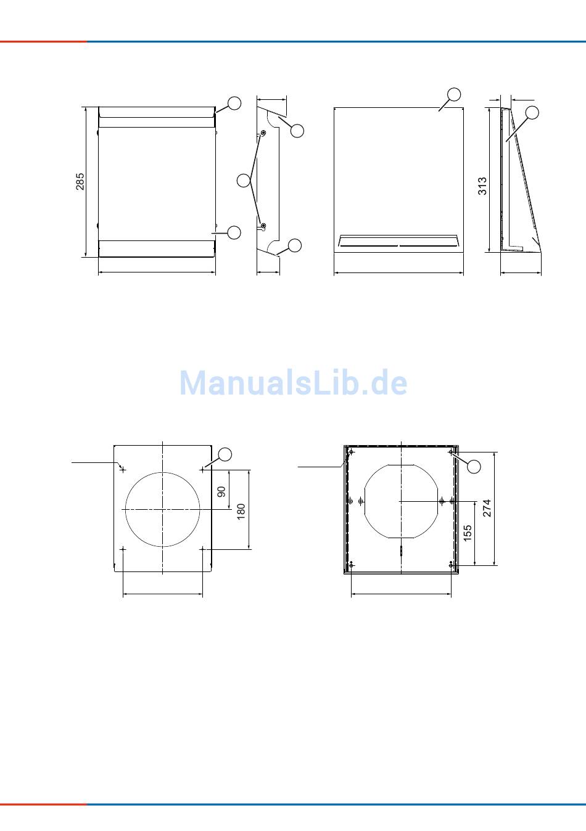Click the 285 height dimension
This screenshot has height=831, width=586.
[80, 181]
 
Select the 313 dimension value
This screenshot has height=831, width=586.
[482, 186]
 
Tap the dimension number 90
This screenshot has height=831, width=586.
[221, 492]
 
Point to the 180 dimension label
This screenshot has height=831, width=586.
[241, 512]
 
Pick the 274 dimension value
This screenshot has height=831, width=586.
[487, 508]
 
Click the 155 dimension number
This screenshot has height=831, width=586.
[468, 533]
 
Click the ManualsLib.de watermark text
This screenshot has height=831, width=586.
[293, 383]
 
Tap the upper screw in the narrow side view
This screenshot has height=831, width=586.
[263, 133]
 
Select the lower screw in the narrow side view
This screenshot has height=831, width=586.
[263, 226]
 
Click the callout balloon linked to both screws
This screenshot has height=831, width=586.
[244, 180]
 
